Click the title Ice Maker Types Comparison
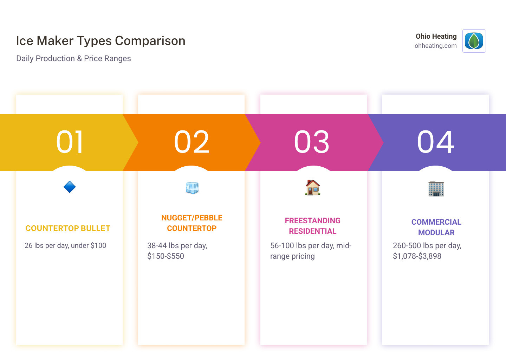point(100,41)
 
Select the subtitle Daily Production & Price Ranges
point(73,58)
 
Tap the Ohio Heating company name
point(436,36)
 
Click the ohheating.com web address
point(435,46)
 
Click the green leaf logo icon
point(474,41)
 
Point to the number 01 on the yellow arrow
point(70,142)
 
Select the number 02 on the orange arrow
point(192,142)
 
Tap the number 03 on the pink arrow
point(312,142)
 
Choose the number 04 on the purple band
point(435,142)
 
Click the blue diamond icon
point(70,187)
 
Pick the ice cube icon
point(192,188)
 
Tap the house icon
point(313,188)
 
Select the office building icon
point(436,188)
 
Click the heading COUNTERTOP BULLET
point(68,229)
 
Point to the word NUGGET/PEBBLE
point(192,218)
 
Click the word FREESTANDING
point(313,221)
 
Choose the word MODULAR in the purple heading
point(436,233)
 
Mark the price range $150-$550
point(166,256)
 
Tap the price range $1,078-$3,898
point(417,256)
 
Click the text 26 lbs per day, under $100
point(65,246)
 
